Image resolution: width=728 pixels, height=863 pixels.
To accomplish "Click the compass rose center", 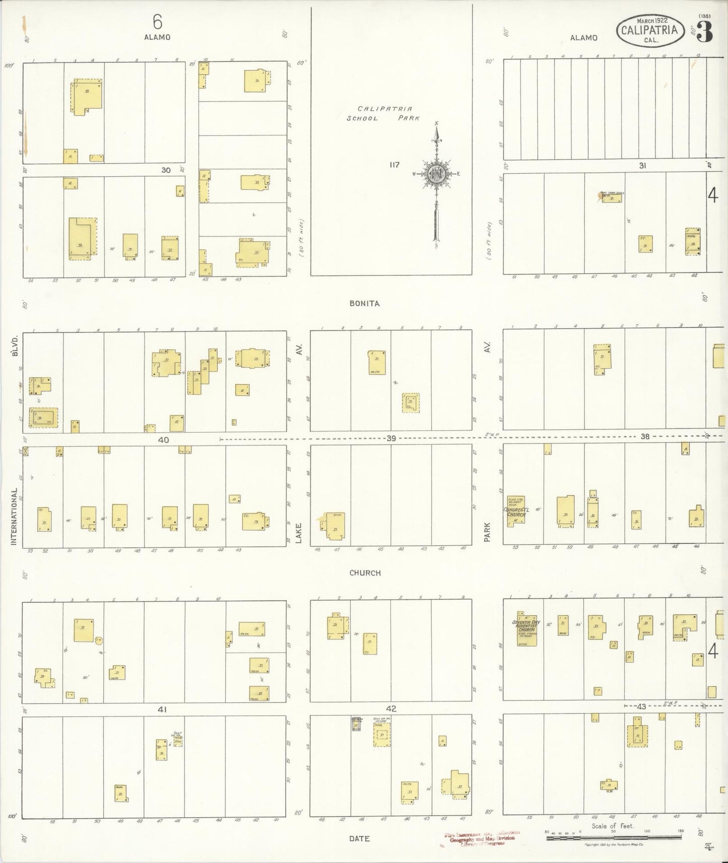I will tap(436, 174).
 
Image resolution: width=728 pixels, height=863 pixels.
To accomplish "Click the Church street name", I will tap(365, 573).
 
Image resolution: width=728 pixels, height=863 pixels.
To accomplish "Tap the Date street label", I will tap(359, 838).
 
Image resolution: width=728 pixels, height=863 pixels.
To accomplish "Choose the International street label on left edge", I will tap(14, 516).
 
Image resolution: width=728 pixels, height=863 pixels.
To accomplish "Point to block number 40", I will tap(163, 440).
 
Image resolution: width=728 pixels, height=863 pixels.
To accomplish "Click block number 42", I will tap(391, 708).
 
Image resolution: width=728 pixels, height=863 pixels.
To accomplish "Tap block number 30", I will tap(166, 170).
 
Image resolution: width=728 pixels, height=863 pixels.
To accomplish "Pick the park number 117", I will tap(394, 165).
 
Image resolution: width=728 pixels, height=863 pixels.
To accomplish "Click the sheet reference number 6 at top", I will tap(157, 21).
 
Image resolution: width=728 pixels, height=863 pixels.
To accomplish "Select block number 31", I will tap(642, 165).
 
